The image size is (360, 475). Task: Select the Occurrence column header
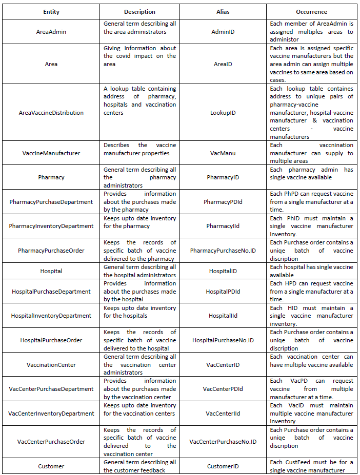(311, 11)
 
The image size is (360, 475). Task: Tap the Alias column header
(223, 11)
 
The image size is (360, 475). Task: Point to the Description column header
(139, 11)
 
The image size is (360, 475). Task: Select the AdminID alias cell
(223, 32)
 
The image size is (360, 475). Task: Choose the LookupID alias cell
(223, 113)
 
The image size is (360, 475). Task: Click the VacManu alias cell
(223, 153)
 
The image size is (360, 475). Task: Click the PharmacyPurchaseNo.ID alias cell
(223, 251)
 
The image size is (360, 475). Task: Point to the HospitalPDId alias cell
(223, 292)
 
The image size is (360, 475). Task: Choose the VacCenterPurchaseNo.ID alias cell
(223, 442)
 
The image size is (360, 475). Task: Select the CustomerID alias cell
(223, 466)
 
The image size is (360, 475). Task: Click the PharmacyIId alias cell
(223, 226)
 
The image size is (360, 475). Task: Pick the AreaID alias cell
(223, 65)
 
